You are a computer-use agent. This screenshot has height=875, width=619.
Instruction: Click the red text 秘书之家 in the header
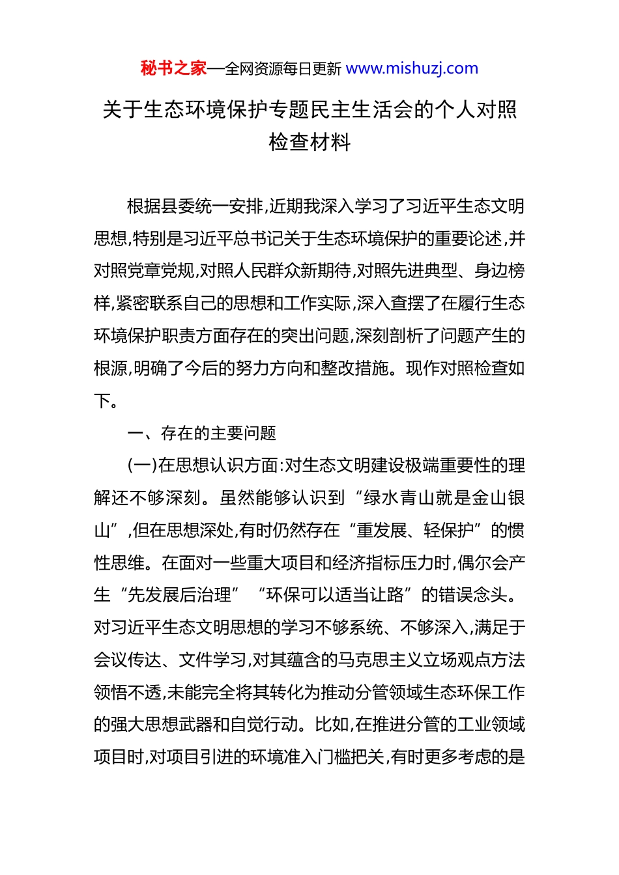173,68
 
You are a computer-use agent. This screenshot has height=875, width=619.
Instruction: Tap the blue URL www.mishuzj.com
412,68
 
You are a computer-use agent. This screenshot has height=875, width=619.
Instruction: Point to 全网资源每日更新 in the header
283,69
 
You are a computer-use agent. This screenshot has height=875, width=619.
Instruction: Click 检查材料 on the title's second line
309,142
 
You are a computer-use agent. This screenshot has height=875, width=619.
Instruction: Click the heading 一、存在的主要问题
201,433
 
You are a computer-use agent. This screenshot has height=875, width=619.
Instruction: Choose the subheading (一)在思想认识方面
202,465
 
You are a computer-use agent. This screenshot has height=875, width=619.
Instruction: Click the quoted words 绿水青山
397,498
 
